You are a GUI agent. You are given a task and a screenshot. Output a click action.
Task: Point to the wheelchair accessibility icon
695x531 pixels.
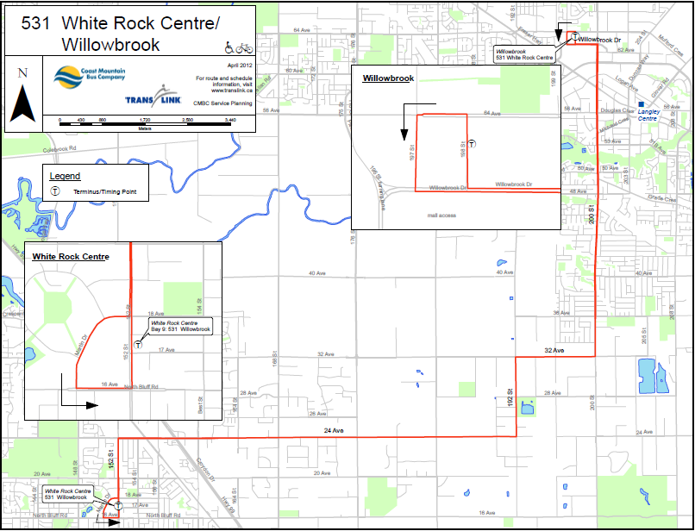tap(229, 47)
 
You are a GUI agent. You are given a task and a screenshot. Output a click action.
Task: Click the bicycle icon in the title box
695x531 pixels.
tap(244, 47)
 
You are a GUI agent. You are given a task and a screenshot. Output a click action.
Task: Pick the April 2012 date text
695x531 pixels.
tap(240, 65)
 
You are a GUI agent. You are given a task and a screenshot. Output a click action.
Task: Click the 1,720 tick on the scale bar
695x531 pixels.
tap(146, 120)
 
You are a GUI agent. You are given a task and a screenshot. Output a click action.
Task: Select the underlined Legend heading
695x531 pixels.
tap(66, 176)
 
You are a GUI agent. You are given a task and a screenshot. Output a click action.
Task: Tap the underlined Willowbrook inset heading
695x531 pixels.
tap(388, 78)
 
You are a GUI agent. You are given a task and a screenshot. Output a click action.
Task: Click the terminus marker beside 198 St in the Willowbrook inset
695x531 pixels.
tap(472, 143)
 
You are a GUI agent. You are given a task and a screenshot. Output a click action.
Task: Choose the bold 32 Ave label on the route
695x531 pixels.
tap(554, 350)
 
